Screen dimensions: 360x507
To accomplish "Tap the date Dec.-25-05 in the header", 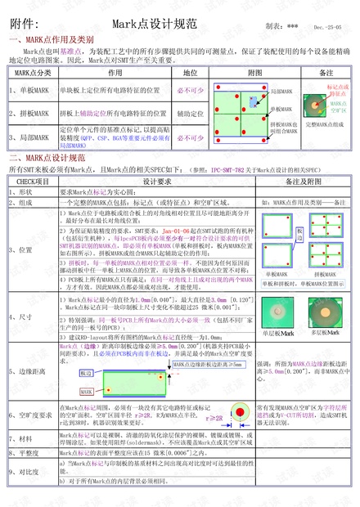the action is pos(331,27).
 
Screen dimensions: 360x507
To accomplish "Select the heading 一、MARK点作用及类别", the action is pos(51,39).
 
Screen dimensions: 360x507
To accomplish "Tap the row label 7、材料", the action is pos(21,437).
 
